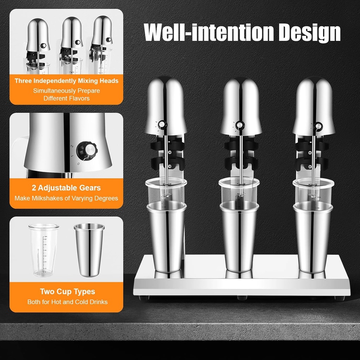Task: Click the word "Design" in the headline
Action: coord(309,32)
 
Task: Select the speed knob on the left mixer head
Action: coord(162,125)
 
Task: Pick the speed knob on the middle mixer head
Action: coord(240,126)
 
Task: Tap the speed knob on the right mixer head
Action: coord(319,127)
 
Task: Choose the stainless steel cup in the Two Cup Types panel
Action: coord(89,250)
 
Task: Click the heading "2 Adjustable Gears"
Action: coord(66,188)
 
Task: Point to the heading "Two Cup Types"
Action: coord(67,291)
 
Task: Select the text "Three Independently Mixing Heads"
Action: coord(66,81)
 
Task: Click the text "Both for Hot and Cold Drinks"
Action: coord(67,302)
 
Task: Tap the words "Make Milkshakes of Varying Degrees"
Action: coord(66,198)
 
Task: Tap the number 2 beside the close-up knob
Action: coord(72,146)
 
